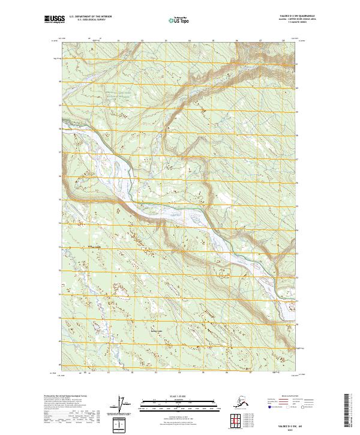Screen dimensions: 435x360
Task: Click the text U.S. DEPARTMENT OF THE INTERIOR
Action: coord(89,18)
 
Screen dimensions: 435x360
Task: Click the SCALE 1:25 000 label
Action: coord(174,395)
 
